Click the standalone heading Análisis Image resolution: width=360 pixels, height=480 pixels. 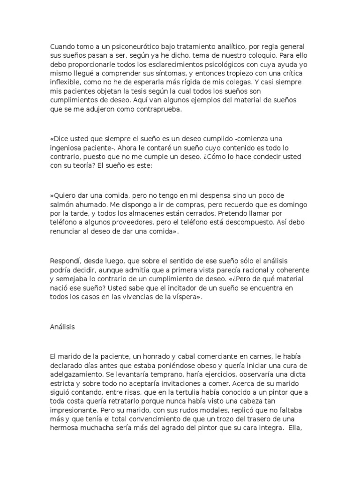(x=62, y=327)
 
